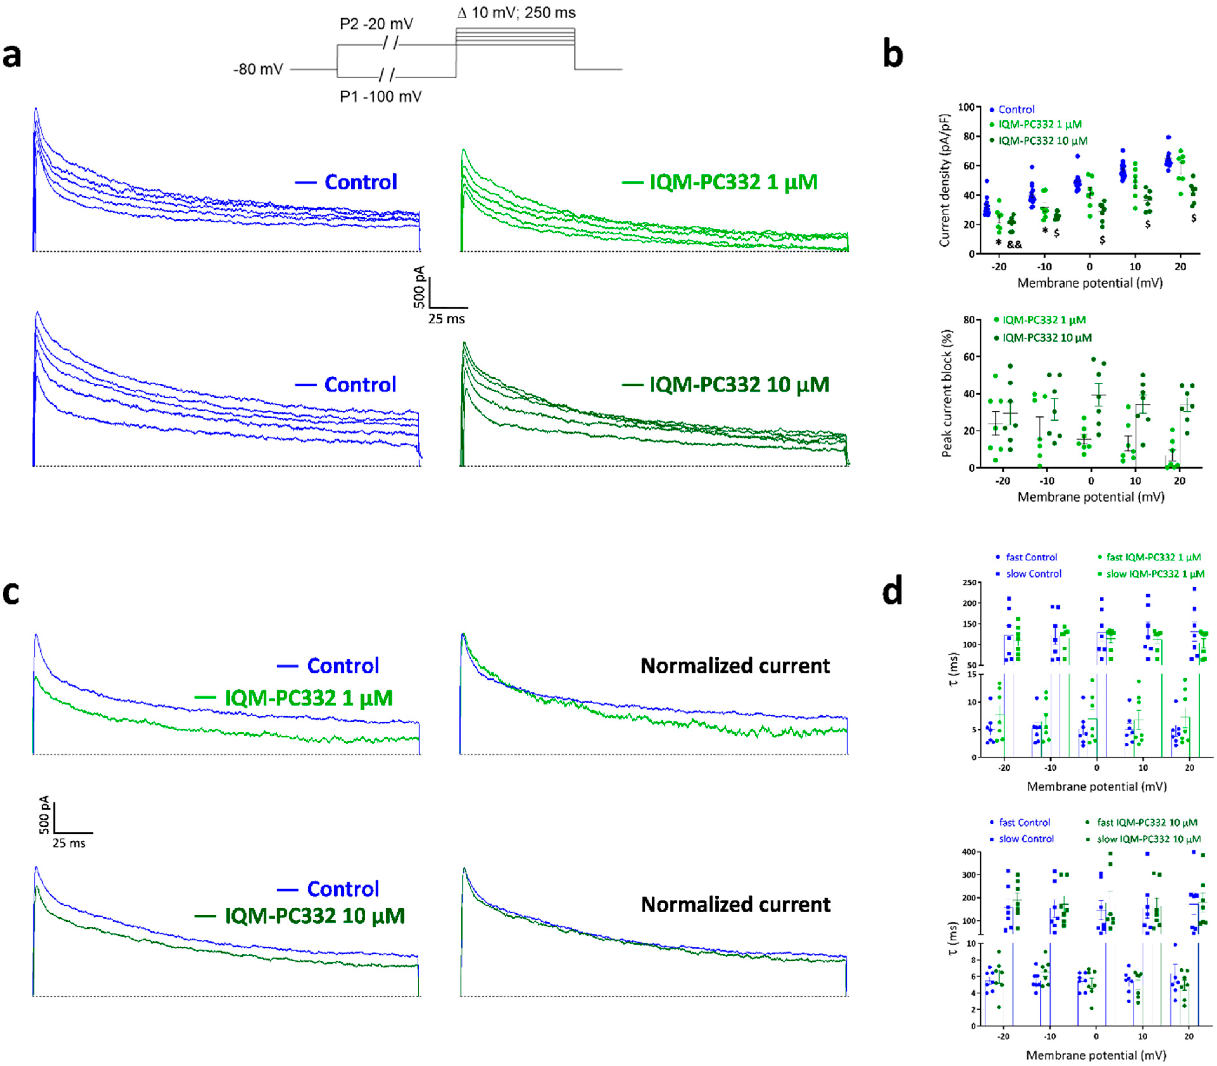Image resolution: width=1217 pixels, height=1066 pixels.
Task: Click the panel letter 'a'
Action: pyautogui.click(x=12, y=57)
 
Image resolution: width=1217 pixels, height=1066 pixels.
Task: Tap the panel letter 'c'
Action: pyautogui.click(x=11, y=593)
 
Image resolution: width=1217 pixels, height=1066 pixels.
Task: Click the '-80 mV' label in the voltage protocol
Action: pyautogui.click(x=258, y=70)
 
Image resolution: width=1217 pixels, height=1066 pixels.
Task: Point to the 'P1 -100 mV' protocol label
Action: pyautogui.click(x=380, y=96)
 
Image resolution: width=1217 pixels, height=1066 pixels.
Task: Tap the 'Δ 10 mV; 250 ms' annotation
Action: pyautogui.click(x=516, y=12)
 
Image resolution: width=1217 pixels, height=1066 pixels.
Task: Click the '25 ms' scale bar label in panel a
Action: pyautogui.click(x=446, y=319)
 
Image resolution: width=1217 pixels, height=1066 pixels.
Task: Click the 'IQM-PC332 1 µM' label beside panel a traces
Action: pyautogui.click(x=733, y=182)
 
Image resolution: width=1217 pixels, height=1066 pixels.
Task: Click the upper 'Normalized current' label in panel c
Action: pyautogui.click(x=735, y=666)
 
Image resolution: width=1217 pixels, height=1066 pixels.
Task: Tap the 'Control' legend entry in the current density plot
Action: pyautogui.click(x=1016, y=109)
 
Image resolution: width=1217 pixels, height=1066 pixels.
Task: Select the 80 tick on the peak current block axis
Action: pyautogui.click(x=969, y=320)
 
